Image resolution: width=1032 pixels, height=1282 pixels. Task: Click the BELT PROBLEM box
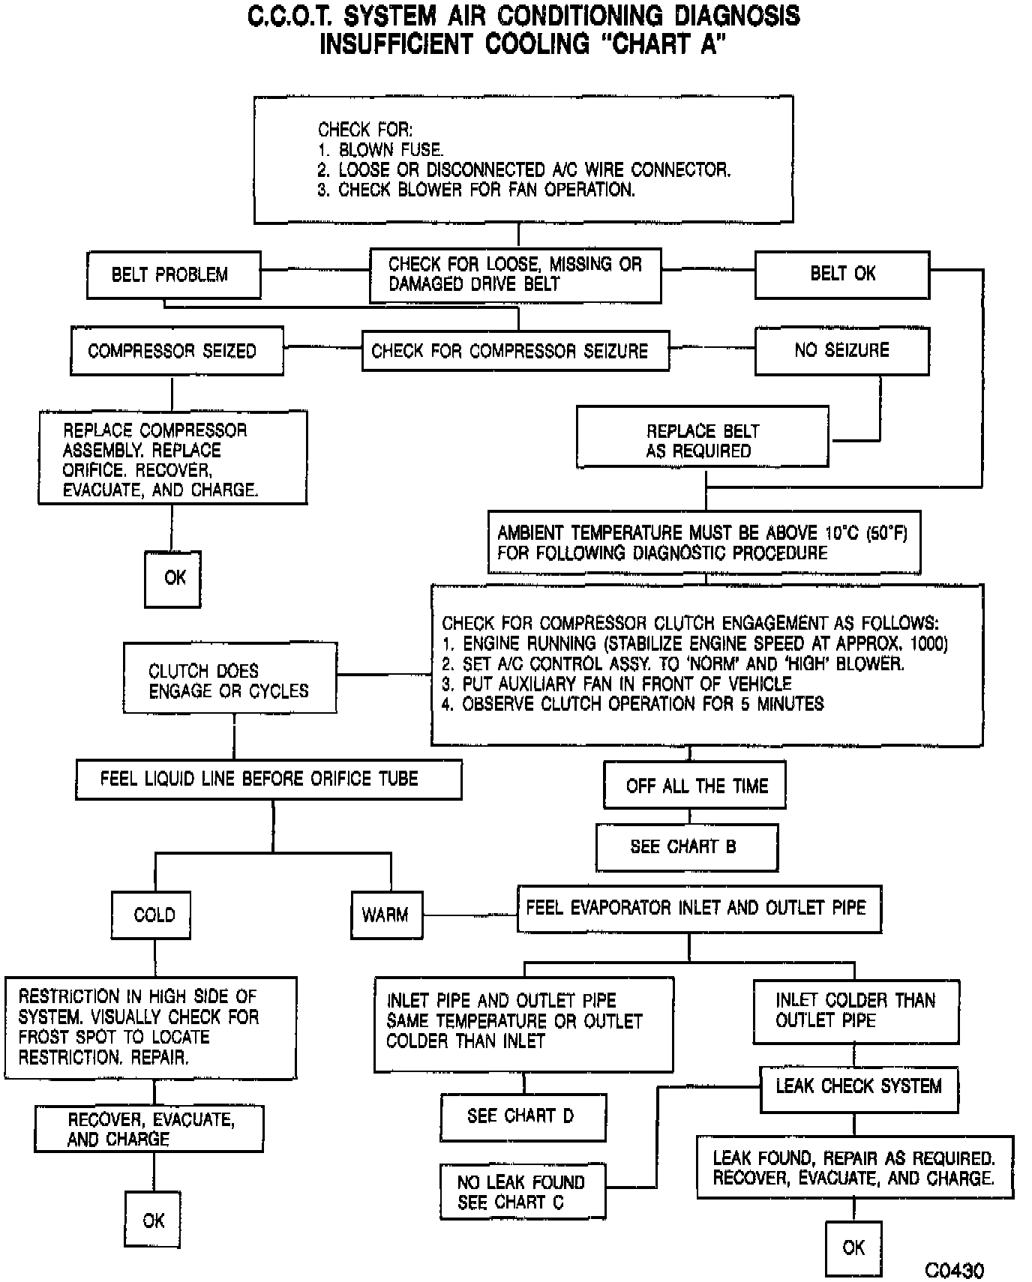click(173, 274)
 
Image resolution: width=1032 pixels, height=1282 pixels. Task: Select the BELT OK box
click(841, 274)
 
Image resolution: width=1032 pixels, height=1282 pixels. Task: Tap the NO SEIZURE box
click(841, 350)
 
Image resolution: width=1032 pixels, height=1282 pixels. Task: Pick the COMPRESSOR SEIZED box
click(176, 350)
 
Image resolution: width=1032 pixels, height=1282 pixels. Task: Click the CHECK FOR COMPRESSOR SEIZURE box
click(514, 350)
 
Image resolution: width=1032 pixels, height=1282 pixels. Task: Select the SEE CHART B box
click(686, 847)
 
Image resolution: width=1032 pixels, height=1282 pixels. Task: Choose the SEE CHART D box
click(523, 1116)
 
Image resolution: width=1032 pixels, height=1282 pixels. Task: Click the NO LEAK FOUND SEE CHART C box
click(523, 1191)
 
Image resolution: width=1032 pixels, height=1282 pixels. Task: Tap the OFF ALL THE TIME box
click(694, 785)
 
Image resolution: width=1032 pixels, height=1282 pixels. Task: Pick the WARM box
click(386, 915)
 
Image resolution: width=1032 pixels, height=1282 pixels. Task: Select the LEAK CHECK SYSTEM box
click(859, 1087)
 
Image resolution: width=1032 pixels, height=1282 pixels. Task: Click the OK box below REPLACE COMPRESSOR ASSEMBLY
click(172, 579)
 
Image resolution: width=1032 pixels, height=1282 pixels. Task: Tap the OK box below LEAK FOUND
click(853, 1248)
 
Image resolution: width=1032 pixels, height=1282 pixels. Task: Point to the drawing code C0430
click(954, 1270)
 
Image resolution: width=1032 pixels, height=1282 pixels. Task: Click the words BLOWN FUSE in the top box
click(390, 149)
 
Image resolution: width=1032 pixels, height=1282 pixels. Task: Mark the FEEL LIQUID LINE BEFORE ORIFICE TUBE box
click(268, 780)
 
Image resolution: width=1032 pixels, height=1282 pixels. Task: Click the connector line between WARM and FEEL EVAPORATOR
click(470, 915)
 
